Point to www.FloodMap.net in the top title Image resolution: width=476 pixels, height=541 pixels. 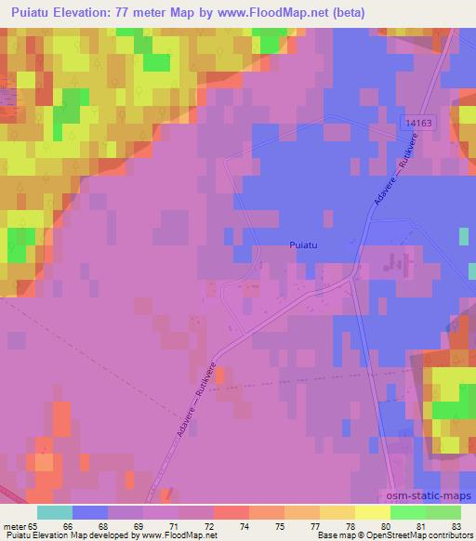[274, 13]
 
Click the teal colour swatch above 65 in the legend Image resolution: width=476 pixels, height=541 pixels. [55, 512]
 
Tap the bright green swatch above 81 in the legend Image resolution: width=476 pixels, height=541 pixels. [407, 512]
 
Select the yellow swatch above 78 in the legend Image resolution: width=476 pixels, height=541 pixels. [372, 512]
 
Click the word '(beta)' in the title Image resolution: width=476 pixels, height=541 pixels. [344, 13]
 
